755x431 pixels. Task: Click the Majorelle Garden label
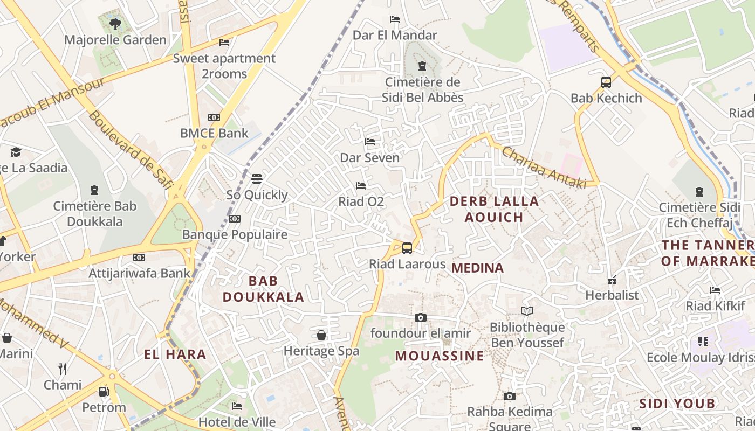(115, 40)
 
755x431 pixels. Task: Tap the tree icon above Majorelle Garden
(115, 24)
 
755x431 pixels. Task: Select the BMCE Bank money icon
(214, 117)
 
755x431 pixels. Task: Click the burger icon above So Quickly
(257, 178)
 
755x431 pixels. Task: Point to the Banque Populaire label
(235, 234)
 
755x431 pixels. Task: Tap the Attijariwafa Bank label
(139, 273)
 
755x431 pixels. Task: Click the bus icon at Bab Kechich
(606, 82)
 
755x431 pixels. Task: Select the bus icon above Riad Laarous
(407, 248)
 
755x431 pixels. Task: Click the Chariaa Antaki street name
(544, 168)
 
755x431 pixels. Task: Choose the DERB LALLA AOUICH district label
(494, 209)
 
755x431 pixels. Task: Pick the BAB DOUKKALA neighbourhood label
(263, 289)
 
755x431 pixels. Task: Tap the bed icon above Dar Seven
(370, 142)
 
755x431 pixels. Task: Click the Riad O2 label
(361, 201)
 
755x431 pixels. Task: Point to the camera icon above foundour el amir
(421, 317)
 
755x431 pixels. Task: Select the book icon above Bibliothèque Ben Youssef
(526, 311)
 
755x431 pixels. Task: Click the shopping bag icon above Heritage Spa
(321, 335)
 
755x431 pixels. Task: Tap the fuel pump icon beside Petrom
(104, 392)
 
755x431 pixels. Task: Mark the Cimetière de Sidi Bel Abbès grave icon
(422, 66)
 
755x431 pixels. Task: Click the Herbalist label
(612, 295)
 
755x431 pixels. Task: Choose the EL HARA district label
(175, 354)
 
